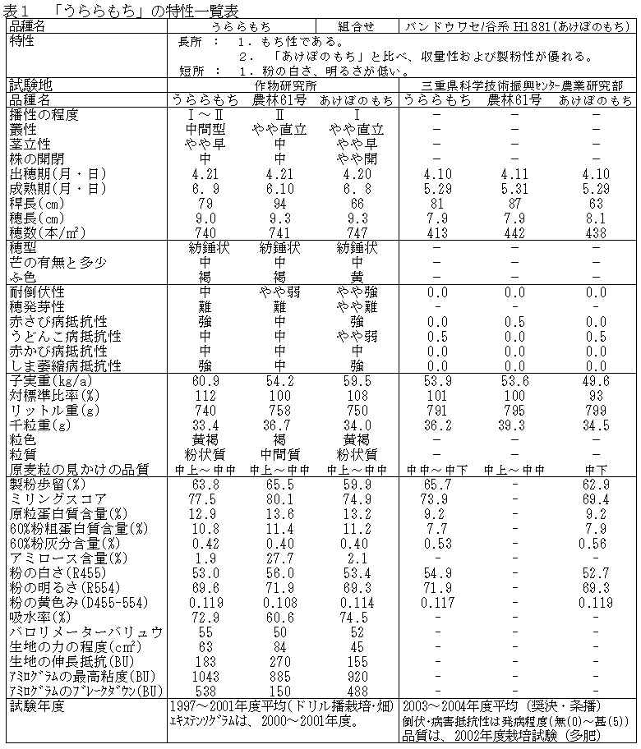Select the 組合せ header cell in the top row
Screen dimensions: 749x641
[x=356, y=25]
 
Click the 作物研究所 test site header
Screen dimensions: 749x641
[x=285, y=85]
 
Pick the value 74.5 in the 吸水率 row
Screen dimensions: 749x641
[x=355, y=617]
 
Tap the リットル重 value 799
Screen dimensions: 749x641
[x=595, y=411]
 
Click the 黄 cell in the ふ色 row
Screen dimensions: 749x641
[x=355, y=277]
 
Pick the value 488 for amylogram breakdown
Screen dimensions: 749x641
[x=355, y=691]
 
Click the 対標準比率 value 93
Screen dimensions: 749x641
[x=595, y=396]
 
